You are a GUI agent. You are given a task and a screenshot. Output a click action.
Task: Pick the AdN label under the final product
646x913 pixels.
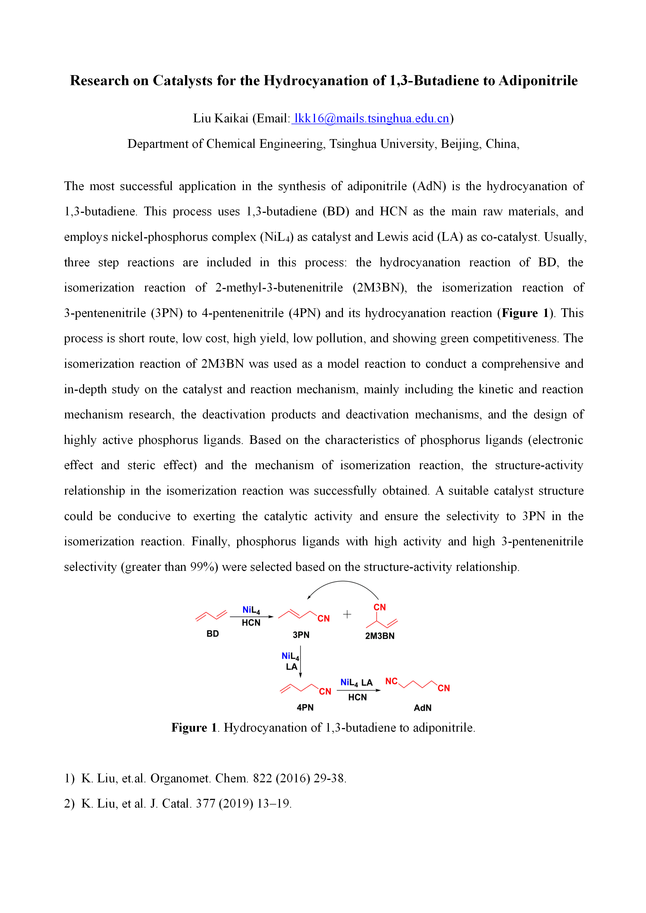point(422,708)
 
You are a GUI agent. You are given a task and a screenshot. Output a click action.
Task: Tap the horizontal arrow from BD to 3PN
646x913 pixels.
point(252,617)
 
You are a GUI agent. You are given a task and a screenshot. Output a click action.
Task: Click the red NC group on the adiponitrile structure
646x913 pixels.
point(392,681)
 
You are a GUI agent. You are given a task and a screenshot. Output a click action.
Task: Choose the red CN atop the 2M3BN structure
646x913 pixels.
point(380,607)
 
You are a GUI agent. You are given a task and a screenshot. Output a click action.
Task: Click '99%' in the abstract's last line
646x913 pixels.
point(202,567)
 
